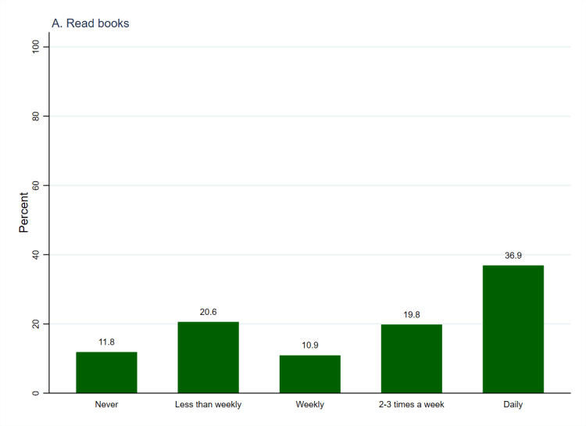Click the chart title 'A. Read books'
click(90, 23)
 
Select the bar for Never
click(106, 373)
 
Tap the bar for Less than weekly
click(208, 357)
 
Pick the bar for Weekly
click(309, 374)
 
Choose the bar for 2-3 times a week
click(411, 359)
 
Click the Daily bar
click(513, 329)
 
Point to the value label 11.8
click(106, 342)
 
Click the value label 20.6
click(208, 312)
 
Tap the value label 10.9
click(309, 345)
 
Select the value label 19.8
click(411, 314)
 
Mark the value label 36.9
click(513, 255)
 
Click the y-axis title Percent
click(23, 213)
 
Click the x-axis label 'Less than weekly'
click(208, 405)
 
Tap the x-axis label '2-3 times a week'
click(411, 405)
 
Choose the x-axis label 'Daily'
click(513, 405)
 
